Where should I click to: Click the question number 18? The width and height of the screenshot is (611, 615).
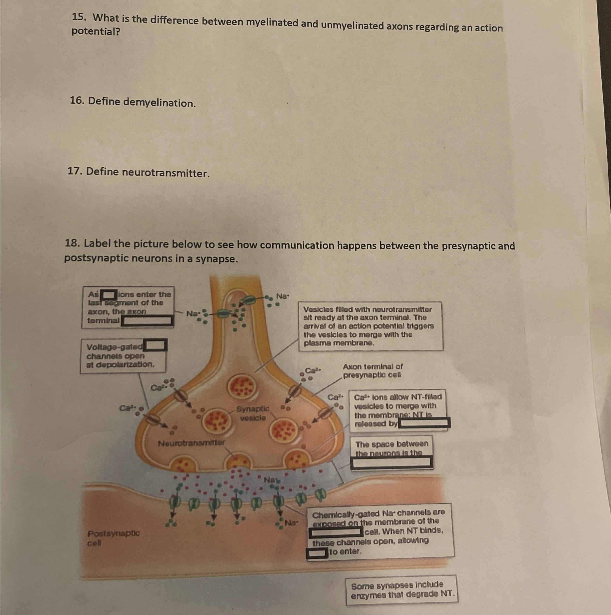click(72, 244)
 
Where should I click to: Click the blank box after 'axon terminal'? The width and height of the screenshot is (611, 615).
click(148, 321)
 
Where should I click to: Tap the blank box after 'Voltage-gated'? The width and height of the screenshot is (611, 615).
click(155, 345)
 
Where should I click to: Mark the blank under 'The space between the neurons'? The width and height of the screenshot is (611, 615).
click(391, 462)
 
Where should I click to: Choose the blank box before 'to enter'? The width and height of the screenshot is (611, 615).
click(317, 553)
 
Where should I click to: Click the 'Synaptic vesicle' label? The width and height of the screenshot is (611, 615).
click(253, 413)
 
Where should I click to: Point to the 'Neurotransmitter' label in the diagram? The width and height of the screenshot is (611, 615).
click(191, 443)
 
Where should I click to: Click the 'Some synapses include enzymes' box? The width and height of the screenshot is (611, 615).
click(402, 590)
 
